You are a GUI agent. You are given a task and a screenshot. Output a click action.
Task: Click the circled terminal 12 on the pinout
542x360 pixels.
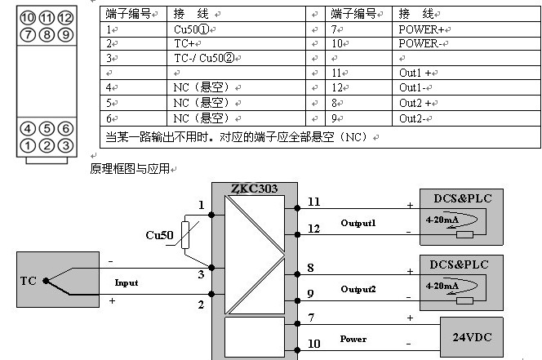click(66, 17)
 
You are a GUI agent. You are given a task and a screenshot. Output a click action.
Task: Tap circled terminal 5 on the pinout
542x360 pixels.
click(47, 129)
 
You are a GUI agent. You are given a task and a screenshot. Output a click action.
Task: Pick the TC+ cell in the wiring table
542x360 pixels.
click(185, 44)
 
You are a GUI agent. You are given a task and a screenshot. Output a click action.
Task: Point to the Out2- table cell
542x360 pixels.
click(413, 119)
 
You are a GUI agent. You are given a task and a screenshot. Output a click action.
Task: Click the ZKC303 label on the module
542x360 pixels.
click(254, 189)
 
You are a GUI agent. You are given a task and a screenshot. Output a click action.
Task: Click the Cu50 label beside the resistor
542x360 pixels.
click(159, 236)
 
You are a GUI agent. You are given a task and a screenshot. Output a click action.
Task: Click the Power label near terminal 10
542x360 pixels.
click(353, 339)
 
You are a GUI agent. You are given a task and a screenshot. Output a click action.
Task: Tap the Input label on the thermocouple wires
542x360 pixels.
click(127, 282)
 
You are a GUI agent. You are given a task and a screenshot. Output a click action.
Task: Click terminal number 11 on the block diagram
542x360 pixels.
click(314, 201)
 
